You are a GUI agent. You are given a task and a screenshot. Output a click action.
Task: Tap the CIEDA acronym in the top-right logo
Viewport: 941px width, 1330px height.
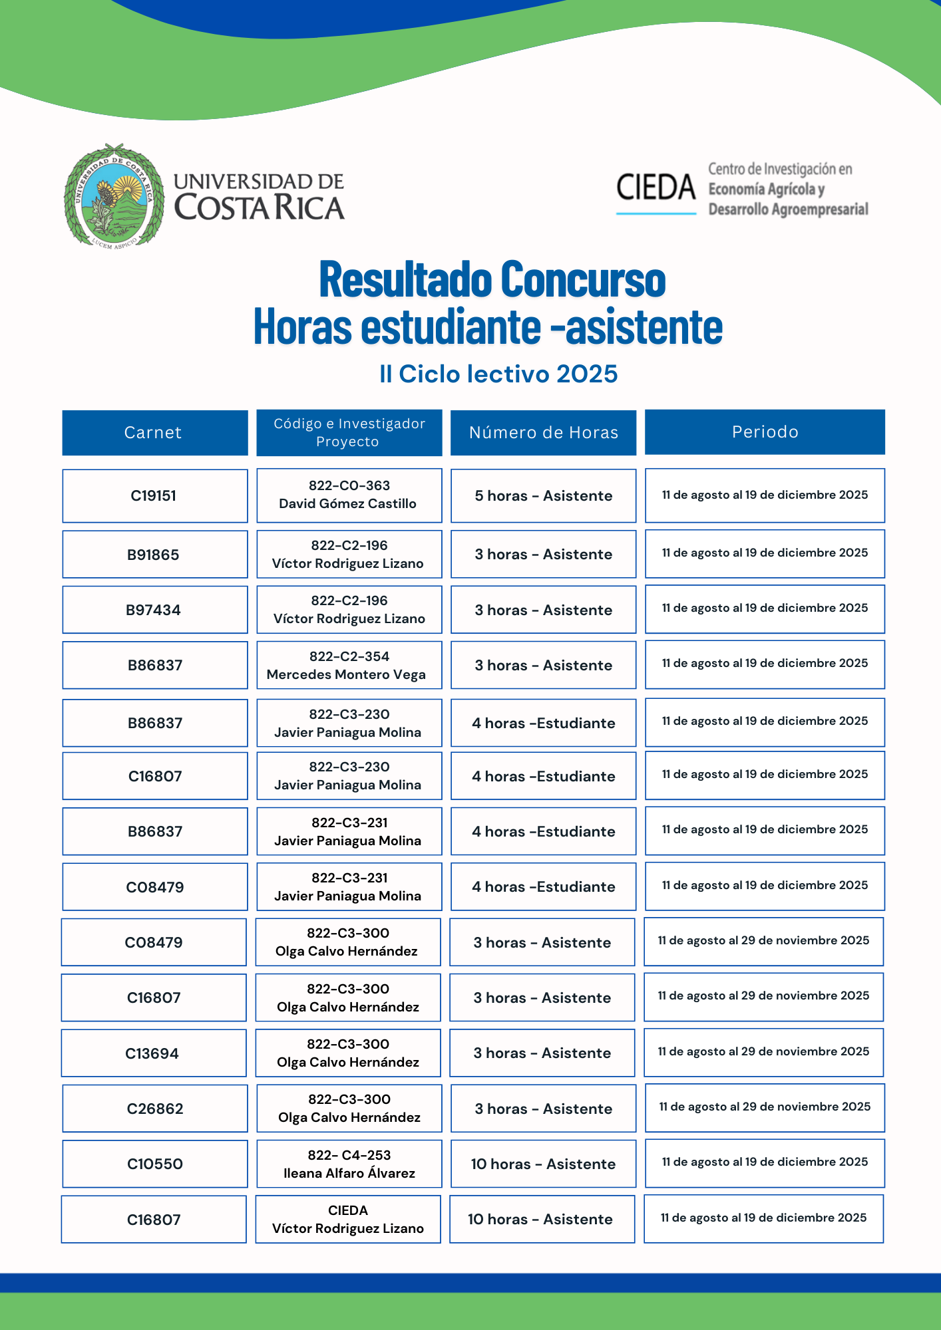(656, 188)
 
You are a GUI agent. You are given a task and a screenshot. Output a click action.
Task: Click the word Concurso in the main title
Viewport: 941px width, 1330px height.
(583, 279)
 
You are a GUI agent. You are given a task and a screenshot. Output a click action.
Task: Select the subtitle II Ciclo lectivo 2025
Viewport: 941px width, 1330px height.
(498, 374)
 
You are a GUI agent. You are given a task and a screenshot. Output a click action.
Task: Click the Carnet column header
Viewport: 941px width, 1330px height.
(154, 433)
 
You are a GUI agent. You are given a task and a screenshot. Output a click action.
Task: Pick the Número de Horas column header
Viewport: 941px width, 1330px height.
(543, 433)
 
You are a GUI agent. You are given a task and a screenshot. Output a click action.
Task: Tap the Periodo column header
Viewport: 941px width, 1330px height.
(765, 432)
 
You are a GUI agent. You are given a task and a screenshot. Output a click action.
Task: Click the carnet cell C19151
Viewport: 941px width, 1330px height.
(154, 496)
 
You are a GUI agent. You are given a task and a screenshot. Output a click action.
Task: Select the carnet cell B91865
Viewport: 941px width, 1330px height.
(154, 555)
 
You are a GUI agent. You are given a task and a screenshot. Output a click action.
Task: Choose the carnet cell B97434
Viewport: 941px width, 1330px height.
(154, 610)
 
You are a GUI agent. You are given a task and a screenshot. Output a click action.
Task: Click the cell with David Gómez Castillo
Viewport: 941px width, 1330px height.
(349, 495)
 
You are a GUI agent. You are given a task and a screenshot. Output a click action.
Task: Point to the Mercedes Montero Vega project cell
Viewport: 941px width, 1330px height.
(349, 666)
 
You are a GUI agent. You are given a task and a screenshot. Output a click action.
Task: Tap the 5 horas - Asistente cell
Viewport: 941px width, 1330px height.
(543, 496)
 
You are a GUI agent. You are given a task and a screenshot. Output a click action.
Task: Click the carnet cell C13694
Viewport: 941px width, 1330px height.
(153, 1053)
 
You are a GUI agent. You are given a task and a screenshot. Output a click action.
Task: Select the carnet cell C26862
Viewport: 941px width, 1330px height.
(154, 1109)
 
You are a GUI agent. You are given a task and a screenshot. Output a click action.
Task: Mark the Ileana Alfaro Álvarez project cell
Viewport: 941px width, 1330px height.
(349, 1164)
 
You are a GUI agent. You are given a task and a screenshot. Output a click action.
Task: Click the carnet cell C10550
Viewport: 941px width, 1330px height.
(154, 1164)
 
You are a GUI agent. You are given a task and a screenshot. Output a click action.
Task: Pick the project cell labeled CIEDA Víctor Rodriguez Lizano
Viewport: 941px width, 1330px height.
(348, 1220)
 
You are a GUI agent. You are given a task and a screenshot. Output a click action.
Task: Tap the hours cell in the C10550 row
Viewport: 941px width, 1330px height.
(543, 1164)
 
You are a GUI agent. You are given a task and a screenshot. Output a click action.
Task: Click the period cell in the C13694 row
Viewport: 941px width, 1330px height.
(763, 1052)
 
